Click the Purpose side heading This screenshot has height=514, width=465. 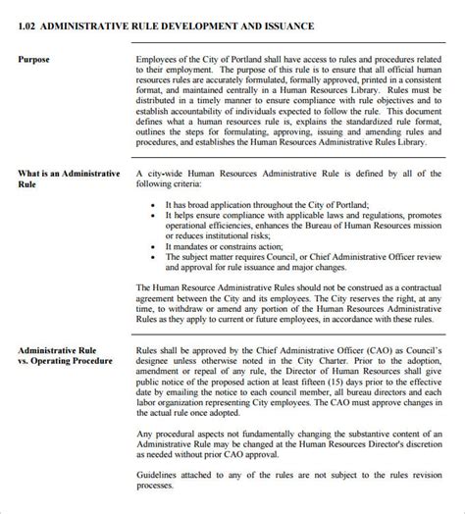(37, 59)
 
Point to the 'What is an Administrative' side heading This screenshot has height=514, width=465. (69, 173)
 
